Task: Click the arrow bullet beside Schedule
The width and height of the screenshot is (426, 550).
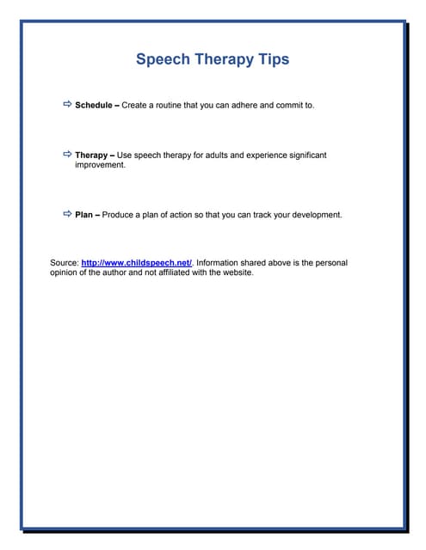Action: [x=67, y=104]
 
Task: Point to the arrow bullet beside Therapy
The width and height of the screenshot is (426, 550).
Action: [x=67, y=155]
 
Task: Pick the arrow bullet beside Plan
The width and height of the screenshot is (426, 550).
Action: [x=67, y=214]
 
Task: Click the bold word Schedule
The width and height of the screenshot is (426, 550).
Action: [x=94, y=105]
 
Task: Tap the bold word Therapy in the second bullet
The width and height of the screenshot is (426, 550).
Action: [x=91, y=156]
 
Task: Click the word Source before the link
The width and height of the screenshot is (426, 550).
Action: [x=64, y=263]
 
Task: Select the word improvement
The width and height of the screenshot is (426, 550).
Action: [x=100, y=165]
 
